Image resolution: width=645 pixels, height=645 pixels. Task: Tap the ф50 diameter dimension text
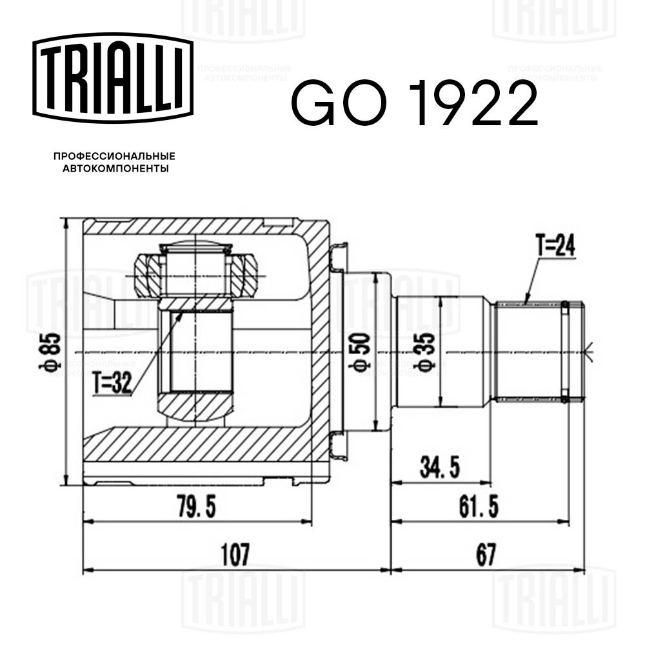tap(362, 353)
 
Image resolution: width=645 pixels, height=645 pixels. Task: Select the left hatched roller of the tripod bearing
tap(147, 275)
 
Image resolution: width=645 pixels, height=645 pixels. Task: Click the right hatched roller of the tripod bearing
tap(244, 275)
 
